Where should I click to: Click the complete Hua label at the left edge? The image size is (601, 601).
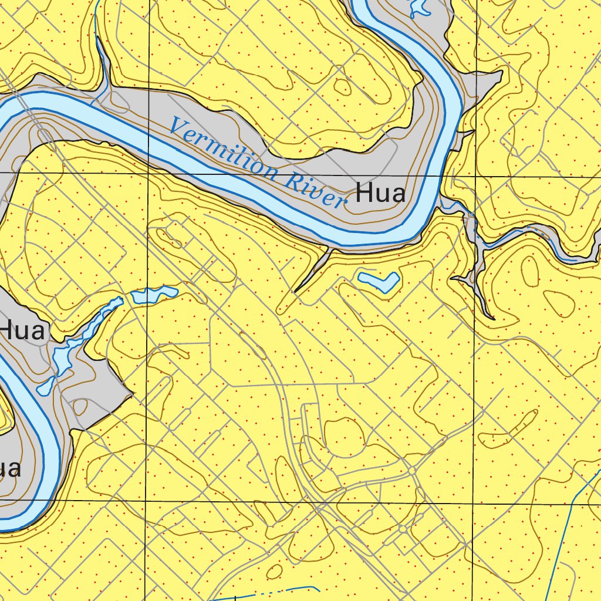(x=22, y=331)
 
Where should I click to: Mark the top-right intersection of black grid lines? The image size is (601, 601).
(x=474, y=176)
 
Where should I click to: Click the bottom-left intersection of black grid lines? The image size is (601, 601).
(x=144, y=501)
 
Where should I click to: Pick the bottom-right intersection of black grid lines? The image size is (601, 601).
(x=472, y=504)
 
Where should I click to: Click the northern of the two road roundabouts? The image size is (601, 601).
(x=412, y=471)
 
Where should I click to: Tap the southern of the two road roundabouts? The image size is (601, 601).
(x=403, y=529)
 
